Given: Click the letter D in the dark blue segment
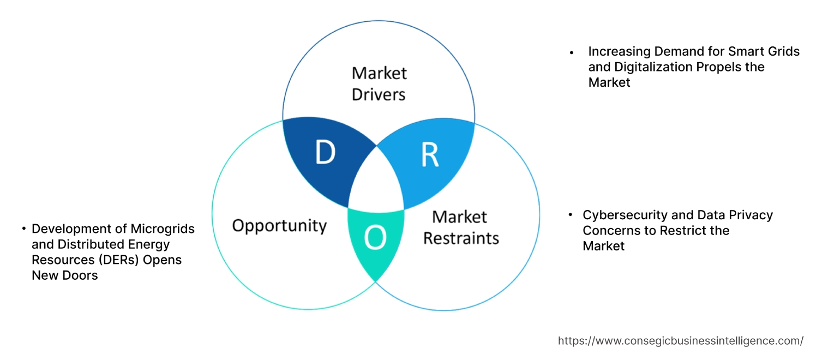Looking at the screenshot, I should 325,153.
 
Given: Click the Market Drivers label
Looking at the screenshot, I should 379,83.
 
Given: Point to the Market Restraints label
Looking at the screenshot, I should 461,227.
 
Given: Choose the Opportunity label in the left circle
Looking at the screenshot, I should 279,225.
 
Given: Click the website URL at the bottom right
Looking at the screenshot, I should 680,341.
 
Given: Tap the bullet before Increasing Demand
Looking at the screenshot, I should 572,53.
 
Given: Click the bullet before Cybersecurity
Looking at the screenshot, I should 571,215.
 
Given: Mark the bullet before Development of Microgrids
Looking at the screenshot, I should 24,229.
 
